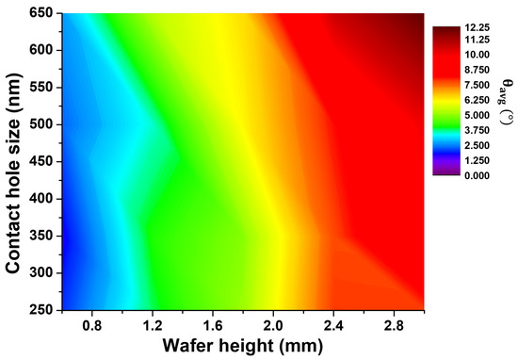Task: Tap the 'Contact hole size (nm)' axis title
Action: (14, 160)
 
